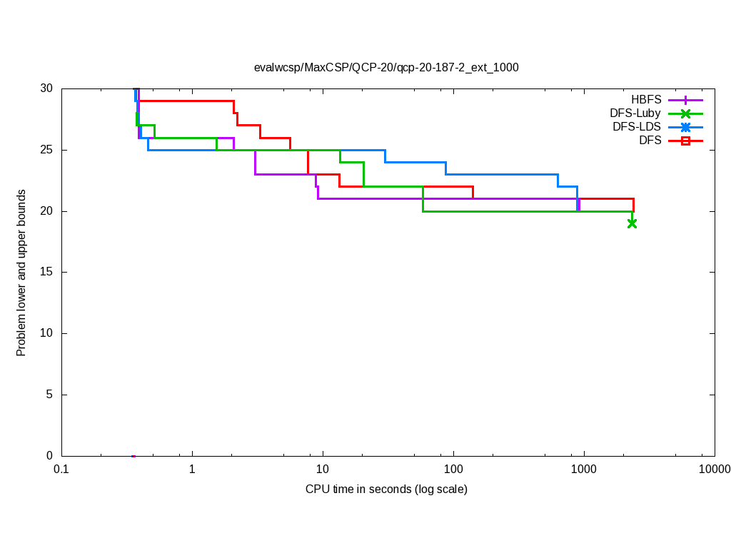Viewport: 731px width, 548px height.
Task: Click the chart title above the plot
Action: [386, 68]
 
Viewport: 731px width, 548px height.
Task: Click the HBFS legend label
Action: [646, 100]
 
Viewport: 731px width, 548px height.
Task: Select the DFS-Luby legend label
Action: [635, 113]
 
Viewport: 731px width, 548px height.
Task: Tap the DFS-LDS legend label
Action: [637, 127]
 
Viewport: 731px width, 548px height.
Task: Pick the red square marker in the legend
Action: [685, 141]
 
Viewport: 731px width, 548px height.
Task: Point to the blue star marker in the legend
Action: [685, 127]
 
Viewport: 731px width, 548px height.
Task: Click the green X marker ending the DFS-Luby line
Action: [632, 223]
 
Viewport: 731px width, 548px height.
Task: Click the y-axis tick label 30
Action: [46, 88]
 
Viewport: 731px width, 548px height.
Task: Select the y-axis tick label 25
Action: [46, 150]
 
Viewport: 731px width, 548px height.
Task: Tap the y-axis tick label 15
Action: [46, 273]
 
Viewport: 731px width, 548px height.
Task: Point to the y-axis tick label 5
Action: [49, 395]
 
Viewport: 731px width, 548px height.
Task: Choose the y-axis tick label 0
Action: [49, 456]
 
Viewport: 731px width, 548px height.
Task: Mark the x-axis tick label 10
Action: [323, 469]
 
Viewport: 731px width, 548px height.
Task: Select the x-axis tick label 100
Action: [453, 469]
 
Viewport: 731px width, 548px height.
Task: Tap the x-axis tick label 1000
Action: [584, 469]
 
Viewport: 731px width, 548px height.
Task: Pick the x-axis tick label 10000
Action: [714, 469]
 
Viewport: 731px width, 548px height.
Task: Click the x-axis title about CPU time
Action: [386, 489]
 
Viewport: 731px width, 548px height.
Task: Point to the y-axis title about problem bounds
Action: [21, 273]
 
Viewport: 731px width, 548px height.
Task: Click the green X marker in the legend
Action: [685, 113]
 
